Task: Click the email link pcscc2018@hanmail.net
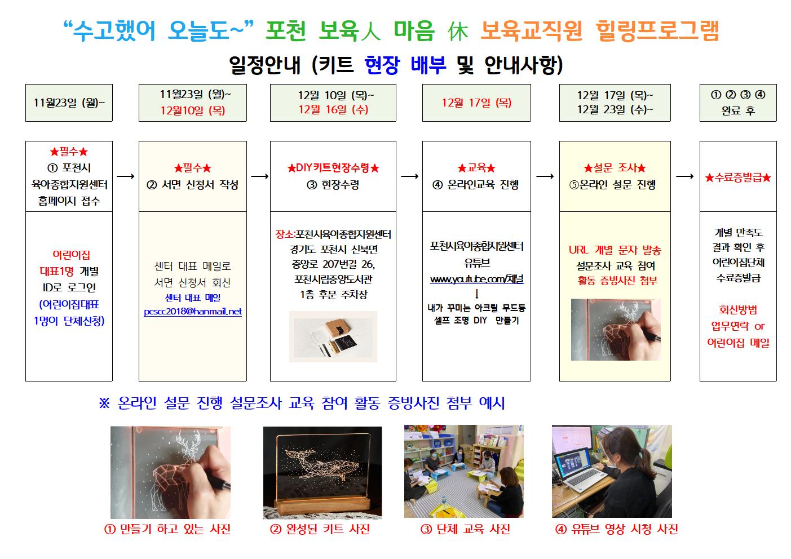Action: pos(193,312)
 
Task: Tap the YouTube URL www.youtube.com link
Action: pos(477,279)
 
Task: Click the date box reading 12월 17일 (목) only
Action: pos(476,103)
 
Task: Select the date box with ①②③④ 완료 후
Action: pos(738,103)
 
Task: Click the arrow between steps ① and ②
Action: pos(125,176)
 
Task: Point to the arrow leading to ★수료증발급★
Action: pos(684,176)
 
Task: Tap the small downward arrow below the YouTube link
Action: pos(477,294)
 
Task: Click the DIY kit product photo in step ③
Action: pos(333,336)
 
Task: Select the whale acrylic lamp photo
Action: pos(322,473)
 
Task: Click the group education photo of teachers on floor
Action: pos(463,471)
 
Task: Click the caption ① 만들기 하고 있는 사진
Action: pos(167,529)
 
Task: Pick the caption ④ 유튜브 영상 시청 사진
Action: pos(617,529)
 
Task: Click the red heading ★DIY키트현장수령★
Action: pos(333,167)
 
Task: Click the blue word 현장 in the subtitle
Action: pos(382,65)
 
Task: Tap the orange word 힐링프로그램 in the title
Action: pos(657,30)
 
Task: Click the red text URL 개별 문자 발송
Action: pos(615,250)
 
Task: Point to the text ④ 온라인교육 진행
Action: pos(476,185)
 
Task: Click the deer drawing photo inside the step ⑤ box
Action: pos(616,330)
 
